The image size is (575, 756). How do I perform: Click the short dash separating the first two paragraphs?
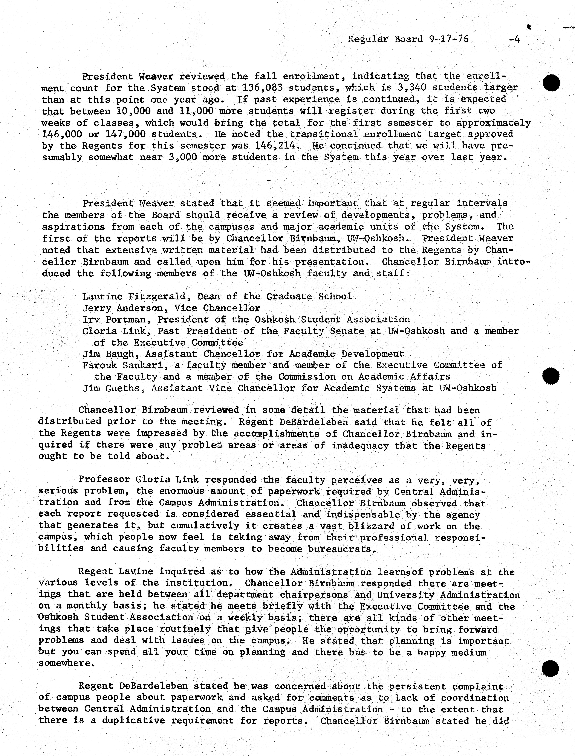(269, 180)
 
